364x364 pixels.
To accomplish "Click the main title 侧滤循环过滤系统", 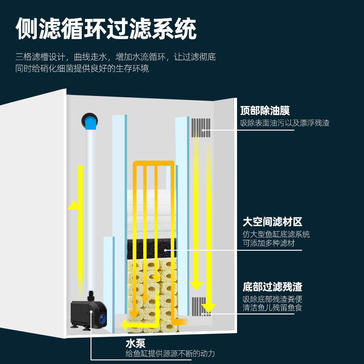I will coord(106,30).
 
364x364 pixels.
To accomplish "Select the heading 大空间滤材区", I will coord(272,222).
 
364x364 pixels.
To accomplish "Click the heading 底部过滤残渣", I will coord(272,287).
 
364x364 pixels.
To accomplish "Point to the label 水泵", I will coord(135,343).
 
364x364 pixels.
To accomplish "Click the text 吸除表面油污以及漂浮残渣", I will coord(285,123).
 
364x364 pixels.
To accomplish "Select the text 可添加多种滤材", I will coord(268,243).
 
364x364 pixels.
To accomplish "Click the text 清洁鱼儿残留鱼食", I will coord(272,308).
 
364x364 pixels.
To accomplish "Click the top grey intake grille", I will coord(201,128).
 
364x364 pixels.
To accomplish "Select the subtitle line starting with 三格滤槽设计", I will coord(116,57).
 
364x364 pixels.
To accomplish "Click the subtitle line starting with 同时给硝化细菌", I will coord(82,69).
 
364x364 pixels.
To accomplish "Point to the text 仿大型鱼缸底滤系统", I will coord(276,234).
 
